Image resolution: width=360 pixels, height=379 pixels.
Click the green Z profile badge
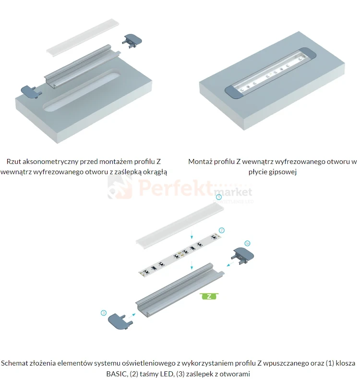point(209,296)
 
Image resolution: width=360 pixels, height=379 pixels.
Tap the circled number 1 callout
point(219,197)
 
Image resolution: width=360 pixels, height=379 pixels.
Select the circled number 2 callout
point(221,231)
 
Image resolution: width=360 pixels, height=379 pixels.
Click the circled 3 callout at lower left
point(104,313)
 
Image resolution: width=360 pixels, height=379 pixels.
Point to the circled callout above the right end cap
point(247,244)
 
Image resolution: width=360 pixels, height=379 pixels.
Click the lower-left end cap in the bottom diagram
point(120,322)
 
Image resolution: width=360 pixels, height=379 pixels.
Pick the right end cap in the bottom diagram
point(243,256)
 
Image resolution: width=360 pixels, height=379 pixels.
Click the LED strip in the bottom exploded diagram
point(180,255)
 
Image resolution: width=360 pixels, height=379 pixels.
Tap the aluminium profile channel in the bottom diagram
point(180,290)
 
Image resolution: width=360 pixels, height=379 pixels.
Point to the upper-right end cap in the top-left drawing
point(132,41)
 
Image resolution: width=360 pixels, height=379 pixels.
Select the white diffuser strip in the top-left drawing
point(83,37)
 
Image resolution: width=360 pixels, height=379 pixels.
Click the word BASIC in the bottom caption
point(117,374)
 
